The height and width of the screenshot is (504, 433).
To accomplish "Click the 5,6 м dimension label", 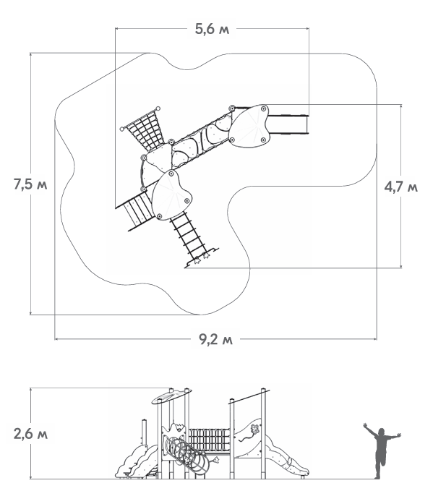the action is pyautogui.click(x=212, y=29).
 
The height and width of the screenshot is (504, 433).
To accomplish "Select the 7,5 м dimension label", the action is pyautogui.click(x=30, y=185).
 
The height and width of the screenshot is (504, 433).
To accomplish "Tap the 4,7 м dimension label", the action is pyautogui.click(x=401, y=187).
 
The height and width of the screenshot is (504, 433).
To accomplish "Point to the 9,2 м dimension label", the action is pyautogui.click(x=215, y=339).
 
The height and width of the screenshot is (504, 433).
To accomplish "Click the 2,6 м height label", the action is pyautogui.click(x=30, y=434).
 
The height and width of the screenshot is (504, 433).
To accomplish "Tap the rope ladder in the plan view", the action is pyautogui.click(x=189, y=237).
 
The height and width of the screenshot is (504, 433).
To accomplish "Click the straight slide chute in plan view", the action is pyautogui.click(x=288, y=124).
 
